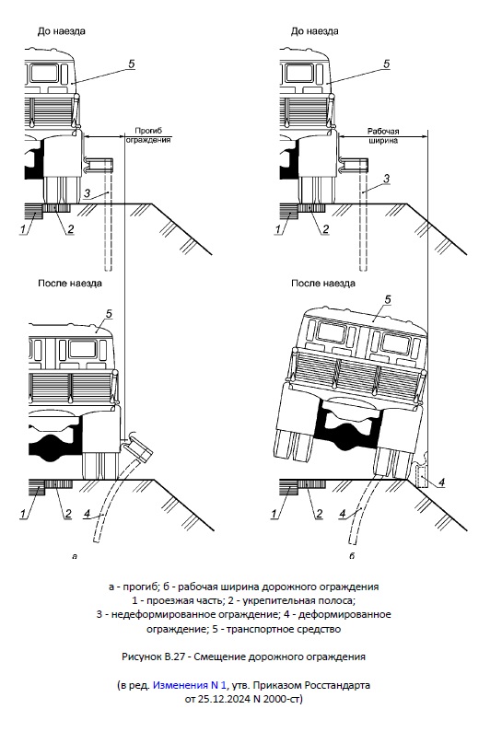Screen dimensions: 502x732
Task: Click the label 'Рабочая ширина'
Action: (383, 136)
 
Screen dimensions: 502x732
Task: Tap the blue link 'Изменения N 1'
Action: (190, 685)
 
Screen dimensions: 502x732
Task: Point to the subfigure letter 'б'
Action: (352, 555)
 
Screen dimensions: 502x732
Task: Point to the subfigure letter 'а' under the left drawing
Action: (75, 556)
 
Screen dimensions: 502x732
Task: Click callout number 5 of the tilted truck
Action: (387, 300)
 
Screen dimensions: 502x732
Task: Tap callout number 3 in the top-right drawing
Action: (386, 179)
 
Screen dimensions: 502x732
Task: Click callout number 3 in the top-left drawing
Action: (87, 193)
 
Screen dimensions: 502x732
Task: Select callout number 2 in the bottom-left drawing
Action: (68, 514)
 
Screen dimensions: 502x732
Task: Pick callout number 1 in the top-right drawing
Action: (278, 229)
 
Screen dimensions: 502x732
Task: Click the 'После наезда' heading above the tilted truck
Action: (323, 284)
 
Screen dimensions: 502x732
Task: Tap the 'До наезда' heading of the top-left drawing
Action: (61, 31)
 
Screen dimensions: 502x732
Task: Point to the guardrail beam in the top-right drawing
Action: (354, 164)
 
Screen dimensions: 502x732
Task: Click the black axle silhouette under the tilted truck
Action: (347, 425)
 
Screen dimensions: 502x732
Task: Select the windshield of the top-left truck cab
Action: (44, 74)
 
